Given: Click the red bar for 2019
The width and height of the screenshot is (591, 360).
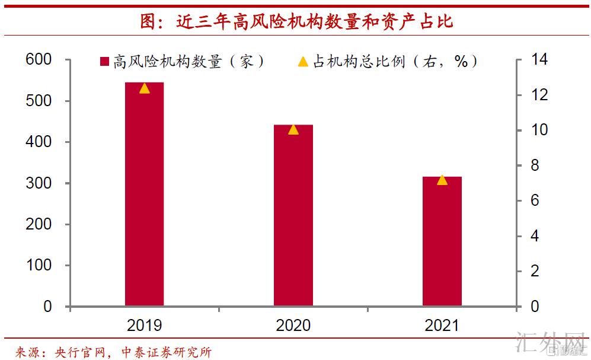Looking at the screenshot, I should (x=144, y=196).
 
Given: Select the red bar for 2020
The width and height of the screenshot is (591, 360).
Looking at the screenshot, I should (x=293, y=216).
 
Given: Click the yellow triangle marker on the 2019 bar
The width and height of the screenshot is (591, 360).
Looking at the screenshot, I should (x=144, y=88).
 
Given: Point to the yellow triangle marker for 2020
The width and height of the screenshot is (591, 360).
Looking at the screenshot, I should (x=293, y=129).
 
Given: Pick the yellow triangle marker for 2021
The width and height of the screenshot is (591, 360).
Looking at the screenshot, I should (x=442, y=180).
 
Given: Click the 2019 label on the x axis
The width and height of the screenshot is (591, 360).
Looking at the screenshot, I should (x=144, y=325).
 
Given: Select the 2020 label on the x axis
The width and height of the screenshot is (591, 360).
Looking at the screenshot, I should (x=293, y=325).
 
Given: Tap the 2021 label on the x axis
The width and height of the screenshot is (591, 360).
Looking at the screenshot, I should (x=442, y=325).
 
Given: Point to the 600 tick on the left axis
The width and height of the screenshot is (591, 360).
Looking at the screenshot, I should (x=40, y=60).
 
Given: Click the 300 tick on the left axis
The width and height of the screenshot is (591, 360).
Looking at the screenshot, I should (x=40, y=183).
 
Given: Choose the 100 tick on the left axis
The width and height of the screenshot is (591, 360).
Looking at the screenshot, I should (x=40, y=266).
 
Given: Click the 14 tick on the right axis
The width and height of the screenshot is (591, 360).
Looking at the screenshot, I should (x=538, y=60).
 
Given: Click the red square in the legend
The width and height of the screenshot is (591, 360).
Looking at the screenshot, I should (x=104, y=62).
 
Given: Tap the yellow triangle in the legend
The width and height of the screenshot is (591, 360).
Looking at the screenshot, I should (x=302, y=62).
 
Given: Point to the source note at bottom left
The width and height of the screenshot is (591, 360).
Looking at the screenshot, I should (x=113, y=352).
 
